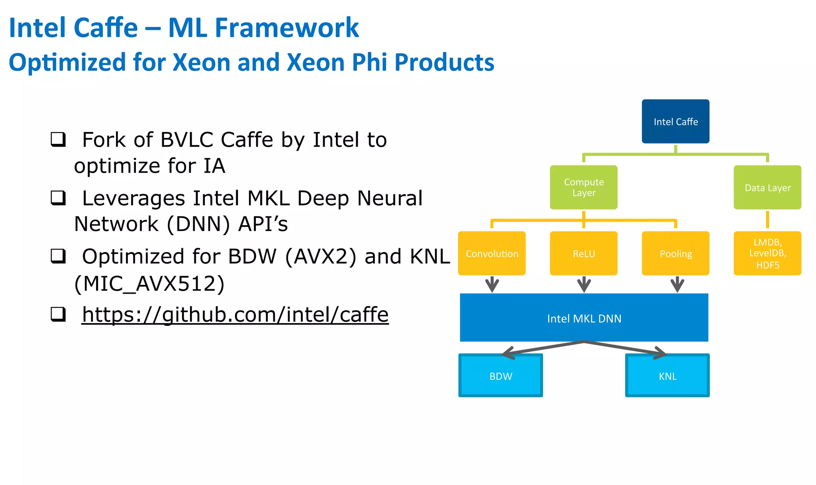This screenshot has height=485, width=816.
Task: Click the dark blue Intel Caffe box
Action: coord(675,122)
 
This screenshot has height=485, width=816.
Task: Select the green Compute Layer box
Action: coord(584,187)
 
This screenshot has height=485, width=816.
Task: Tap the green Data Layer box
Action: coord(767,187)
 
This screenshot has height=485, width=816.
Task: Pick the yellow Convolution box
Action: coord(492,253)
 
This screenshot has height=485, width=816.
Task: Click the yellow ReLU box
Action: coord(584,253)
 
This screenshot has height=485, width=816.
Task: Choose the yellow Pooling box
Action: coord(675,253)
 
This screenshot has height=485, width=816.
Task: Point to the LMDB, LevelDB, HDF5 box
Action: coord(767,253)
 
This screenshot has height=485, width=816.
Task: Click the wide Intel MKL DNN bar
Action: coord(584,318)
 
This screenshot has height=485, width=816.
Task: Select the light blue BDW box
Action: coord(500,376)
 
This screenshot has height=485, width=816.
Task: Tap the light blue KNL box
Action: coord(667,376)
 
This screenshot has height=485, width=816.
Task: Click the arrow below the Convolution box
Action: coord(492,285)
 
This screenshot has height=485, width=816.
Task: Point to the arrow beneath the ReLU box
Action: coord(584,285)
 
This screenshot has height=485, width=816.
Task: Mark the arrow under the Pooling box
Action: coord(677,285)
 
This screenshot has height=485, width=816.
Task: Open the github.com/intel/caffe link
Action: coord(235,315)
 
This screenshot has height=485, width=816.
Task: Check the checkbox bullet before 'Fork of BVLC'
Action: coord(58,139)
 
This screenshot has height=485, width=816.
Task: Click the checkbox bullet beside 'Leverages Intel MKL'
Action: coord(58,198)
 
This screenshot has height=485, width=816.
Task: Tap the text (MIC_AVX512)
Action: coord(149,284)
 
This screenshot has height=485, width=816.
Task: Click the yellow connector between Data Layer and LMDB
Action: coord(767,220)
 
